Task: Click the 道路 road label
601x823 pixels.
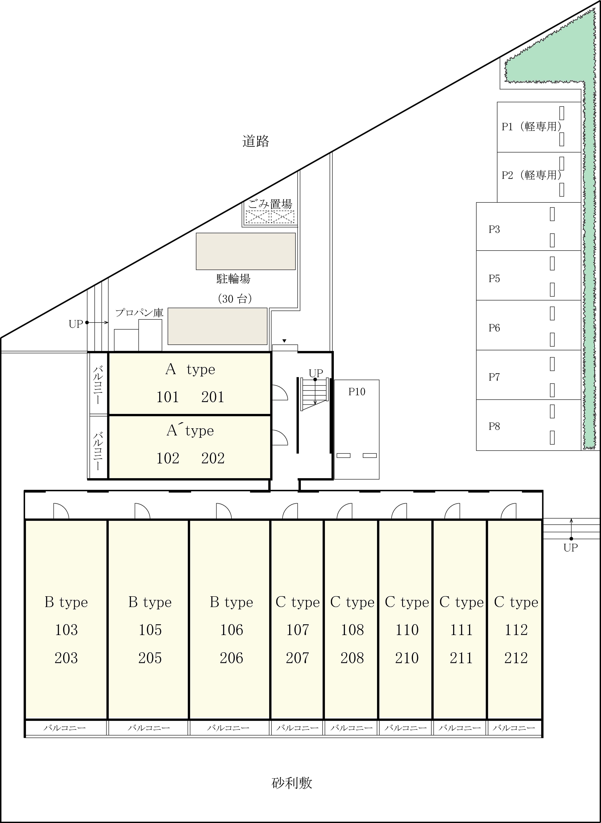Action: [x=256, y=141]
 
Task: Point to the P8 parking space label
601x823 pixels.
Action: [x=494, y=426]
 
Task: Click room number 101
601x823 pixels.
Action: [x=167, y=397]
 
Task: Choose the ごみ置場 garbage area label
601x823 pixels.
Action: [x=270, y=204]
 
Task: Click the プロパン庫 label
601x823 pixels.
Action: [x=139, y=313]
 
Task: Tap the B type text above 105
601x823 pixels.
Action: [x=150, y=602]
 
